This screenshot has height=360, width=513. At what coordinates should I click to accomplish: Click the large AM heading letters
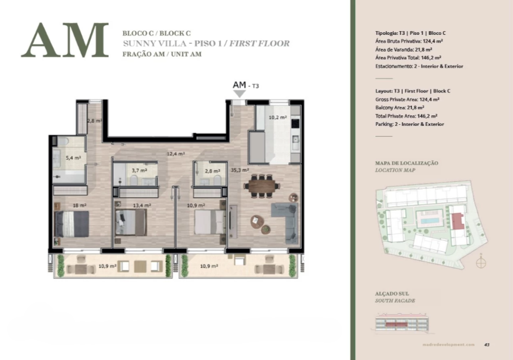point(65,40)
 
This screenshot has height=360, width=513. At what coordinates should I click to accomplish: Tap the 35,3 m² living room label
point(240,170)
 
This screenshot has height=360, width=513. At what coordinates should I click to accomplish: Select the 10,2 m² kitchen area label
point(278,117)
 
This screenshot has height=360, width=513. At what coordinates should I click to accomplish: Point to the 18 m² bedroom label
point(80,205)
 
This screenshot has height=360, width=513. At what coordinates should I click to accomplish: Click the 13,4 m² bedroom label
point(142,205)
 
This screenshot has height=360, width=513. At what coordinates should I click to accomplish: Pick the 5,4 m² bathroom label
point(73,158)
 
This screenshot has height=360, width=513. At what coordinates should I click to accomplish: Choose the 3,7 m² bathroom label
point(139,171)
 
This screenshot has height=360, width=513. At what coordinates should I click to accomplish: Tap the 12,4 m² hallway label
point(176,153)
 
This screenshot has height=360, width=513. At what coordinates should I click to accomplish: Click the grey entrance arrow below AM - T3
point(240,94)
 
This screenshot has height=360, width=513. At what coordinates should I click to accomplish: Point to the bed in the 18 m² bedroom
point(72,224)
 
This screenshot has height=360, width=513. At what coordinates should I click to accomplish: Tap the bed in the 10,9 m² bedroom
point(210,222)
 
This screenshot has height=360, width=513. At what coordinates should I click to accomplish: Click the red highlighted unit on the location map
point(458,221)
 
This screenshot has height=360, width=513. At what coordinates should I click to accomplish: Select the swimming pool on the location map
point(430,220)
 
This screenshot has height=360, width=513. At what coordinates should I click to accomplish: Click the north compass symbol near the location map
point(481,262)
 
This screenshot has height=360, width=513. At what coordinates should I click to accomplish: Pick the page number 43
point(487,344)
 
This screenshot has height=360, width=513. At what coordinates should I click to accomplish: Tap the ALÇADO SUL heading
point(392,293)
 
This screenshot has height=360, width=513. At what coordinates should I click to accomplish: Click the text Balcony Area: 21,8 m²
point(400,108)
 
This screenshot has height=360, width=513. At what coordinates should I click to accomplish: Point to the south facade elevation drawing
point(402,323)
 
